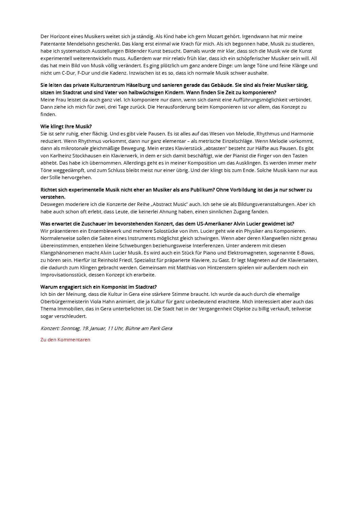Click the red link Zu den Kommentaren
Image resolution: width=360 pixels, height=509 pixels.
point(65,340)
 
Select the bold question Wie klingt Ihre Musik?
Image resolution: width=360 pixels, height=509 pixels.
point(66,127)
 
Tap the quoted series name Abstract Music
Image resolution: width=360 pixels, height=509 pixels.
point(171,204)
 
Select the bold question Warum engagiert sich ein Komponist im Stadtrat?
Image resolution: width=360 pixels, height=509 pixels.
point(98,287)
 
